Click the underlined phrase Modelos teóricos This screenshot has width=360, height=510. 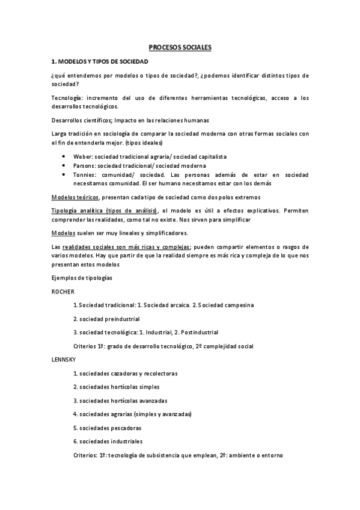click(x=76, y=197)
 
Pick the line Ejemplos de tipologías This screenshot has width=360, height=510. click(x=82, y=278)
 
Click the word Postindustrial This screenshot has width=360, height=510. click(x=198, y=332)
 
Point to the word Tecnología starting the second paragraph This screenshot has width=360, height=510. click(x=67, y=98)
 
